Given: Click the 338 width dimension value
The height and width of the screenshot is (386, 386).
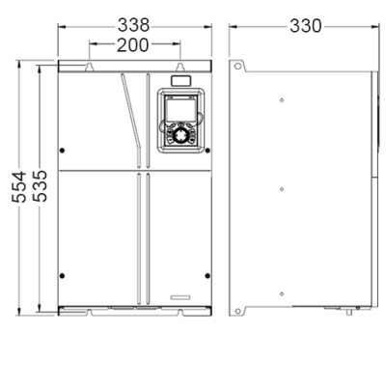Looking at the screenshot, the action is (x=133, y=25).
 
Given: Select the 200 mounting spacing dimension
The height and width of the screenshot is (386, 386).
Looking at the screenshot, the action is (x=132, y=45).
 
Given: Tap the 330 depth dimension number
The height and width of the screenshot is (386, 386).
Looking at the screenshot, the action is (x=306, y=26).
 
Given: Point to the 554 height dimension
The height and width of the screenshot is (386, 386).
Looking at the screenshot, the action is (x=19, y=187).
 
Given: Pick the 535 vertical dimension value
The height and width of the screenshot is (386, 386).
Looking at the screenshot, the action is (x=41, y=186).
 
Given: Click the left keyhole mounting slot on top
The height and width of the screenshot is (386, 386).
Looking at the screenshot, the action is (x=90, y=67).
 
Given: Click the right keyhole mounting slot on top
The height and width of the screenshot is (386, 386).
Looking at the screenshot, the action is (x=180, y=67).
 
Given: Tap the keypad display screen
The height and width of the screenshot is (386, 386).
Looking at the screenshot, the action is (x=180, y=109).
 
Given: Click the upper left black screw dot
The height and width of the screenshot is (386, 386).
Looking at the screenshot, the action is (x=63, y=151).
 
